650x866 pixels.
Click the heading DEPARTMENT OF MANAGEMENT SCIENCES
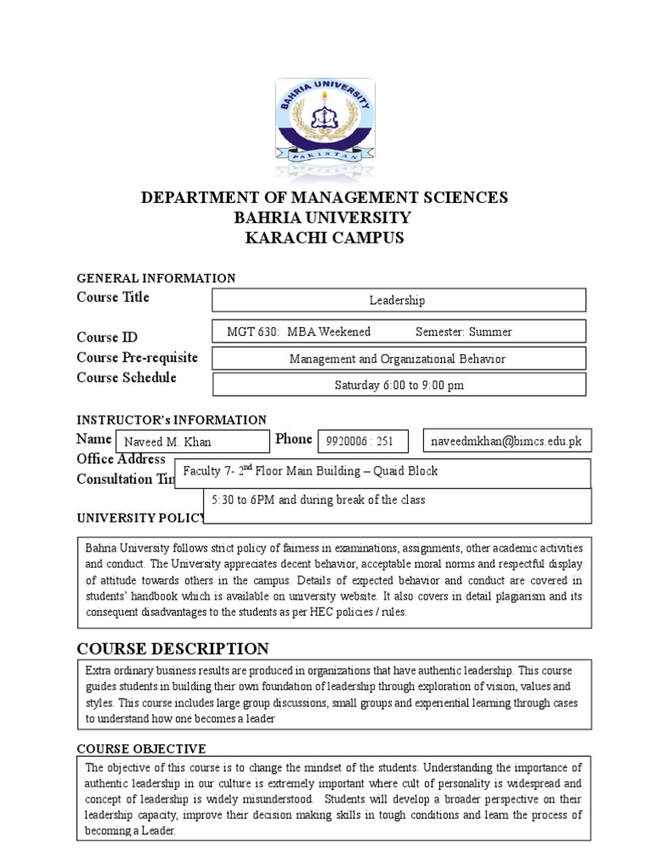(x=324, y=198)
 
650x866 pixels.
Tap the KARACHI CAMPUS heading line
(x=324, y=238)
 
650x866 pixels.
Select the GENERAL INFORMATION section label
(x=156, y=278)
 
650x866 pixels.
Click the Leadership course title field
(x=397, y=300)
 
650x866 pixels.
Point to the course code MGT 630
(x=253, y=332)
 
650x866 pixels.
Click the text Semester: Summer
(x=464, y=332)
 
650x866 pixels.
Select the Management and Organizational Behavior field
(x=397, y=359)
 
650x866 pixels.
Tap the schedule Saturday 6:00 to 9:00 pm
(x=399, y=385)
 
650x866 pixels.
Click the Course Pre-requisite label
(x=137, y=357)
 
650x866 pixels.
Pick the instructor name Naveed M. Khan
(x=168, y=441)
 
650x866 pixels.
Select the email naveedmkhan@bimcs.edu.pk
(x=506, y=441)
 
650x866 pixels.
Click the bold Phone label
(x=294, y=439)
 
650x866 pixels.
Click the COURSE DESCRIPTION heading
(x=173, y=649)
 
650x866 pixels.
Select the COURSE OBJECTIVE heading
(x=141, y=749)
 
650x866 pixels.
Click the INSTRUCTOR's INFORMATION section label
(x=172, y=420)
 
